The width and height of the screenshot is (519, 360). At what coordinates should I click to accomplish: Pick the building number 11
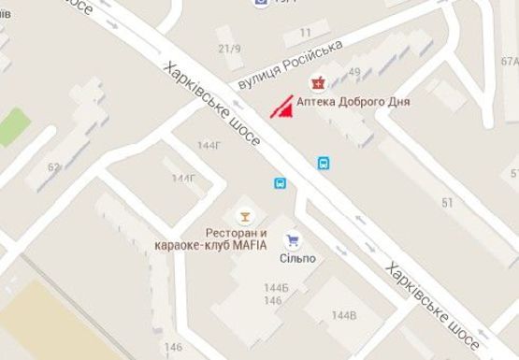click(x=306, y=33)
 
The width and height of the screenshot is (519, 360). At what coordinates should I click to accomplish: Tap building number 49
click(x=355, y=72)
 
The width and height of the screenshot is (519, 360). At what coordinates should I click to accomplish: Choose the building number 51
click(x=447, y=202)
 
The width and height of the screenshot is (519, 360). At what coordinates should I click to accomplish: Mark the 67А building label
click(x=509, y=62)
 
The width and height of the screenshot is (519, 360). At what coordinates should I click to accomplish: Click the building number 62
click(x=54, y=168)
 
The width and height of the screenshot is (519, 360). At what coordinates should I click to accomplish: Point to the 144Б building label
click(x=275, y=288)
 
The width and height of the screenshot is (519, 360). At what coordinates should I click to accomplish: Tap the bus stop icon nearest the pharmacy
click(x=324, y=164)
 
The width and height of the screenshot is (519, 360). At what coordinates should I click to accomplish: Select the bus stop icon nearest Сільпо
click(x=281, y=183)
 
